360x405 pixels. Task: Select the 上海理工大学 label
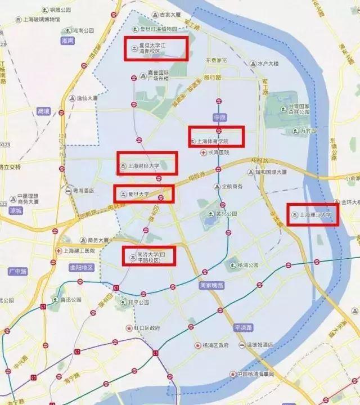pyautogui.click(x=316, y=214)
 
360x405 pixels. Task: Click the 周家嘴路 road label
pyautogui.click(x=211, y=285)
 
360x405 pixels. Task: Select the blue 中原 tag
pyautogui.click(x=219, y=117)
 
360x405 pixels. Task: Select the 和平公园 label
pyautogui.click(x=137, y=302)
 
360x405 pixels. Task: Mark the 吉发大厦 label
pyautogui.click(x=168, y=14)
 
